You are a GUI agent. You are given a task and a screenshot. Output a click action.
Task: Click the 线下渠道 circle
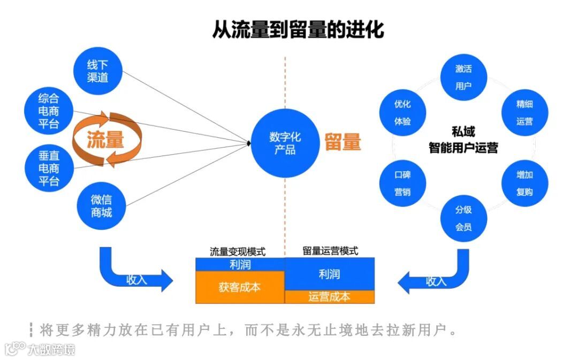(x=98, y=71)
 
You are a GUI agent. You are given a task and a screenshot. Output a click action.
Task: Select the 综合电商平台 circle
(x=49, y=111)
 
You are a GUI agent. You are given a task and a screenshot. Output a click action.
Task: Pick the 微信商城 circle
(x=101, y=206)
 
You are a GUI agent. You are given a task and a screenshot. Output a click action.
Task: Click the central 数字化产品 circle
(x=285, y=143)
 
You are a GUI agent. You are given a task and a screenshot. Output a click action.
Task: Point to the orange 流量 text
(x=106, y=140)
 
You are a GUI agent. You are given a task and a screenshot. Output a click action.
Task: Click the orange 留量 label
(x=343, y=142)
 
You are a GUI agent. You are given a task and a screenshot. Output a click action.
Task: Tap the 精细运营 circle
(x=524, y=113)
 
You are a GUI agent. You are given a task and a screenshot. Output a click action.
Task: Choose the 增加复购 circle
(x=524, y=183)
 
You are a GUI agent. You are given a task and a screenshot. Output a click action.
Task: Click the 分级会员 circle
(x=463, y=218)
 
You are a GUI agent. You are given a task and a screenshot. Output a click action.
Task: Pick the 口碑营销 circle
(x=402, y=183)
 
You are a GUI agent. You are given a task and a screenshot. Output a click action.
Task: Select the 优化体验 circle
(x=402, y=113)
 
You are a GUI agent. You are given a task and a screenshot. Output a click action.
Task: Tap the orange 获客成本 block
(x=240, y=287)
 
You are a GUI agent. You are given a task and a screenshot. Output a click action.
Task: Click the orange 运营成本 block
(x=329, y=297)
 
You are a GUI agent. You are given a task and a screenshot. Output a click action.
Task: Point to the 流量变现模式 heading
(x=238, y=251)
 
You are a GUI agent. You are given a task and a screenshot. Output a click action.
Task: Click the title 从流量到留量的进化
(x=298, y=30)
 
